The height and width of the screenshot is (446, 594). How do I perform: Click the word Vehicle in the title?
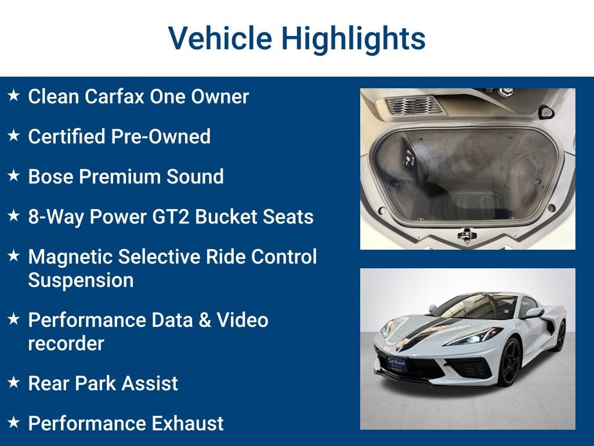coord(220,38)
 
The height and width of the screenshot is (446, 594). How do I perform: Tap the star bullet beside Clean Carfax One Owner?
coord(14,95)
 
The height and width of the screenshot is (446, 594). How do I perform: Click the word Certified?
coord(67,136)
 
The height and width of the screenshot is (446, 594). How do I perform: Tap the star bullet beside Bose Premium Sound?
coord(14,175)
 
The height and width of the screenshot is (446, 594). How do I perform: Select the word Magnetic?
coord(70,257)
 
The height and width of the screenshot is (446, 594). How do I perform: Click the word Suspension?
coord(81,280)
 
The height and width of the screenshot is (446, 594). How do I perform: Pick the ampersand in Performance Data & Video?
coord(205,320)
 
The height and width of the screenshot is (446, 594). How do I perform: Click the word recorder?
coord(66,344)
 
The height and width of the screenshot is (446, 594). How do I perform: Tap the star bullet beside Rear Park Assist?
coord(14,382)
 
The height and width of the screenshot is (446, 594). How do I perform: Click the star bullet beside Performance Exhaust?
coord(14,423)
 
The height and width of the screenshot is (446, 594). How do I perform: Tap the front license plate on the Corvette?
coord(397,364)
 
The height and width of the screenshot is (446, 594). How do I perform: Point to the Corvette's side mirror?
coord(534,313)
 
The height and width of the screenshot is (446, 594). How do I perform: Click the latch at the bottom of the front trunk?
coord(467,235)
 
